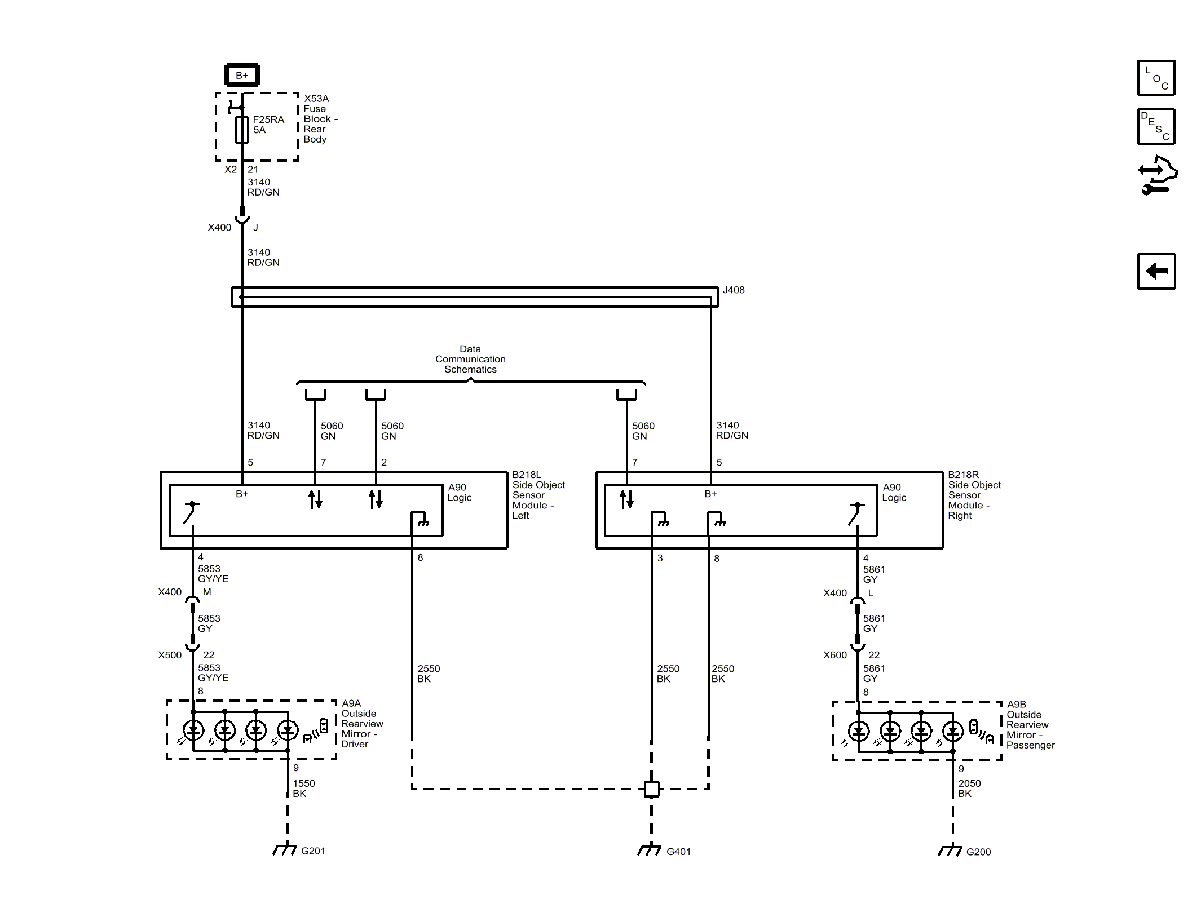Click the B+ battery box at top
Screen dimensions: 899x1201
coord(242,75)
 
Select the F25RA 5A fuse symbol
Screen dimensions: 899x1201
coord(242,130)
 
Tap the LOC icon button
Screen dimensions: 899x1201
coord(1156,78)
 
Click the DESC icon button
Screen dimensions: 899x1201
coord(1156,127)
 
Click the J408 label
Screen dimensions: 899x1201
coord(734,290)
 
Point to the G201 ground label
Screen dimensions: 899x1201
coord(313,851)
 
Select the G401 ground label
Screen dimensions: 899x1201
coord(678,852)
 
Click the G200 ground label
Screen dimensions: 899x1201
coord(978,852)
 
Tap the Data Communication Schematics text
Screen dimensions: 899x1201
coord(470,359)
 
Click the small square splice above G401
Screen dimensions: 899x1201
coord(652,789)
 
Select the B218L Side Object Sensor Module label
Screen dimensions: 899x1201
coord(538,495)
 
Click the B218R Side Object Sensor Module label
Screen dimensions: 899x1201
coord(974,495)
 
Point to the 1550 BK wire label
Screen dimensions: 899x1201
coord(303,788)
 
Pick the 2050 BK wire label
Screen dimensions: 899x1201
coord(969,788)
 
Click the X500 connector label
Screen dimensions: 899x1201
coord(170,655)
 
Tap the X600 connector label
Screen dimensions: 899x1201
coord(834,655)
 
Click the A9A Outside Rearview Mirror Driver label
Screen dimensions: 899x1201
coord(361,724)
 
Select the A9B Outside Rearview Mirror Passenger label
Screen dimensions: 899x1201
coord(1030,725)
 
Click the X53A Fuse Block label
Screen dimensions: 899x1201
coord(320,119)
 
